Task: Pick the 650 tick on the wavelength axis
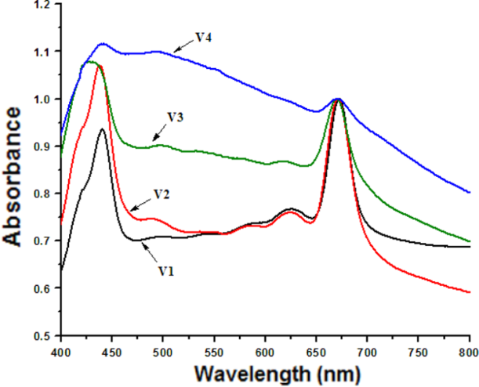tap(316, 349)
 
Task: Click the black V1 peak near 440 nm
tap(102, 129)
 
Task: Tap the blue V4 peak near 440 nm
tap(103, 44)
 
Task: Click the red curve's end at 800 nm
tap(469, 292)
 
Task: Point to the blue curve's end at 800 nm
tap(469, 192)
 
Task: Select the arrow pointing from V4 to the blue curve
tap(183, 45)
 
